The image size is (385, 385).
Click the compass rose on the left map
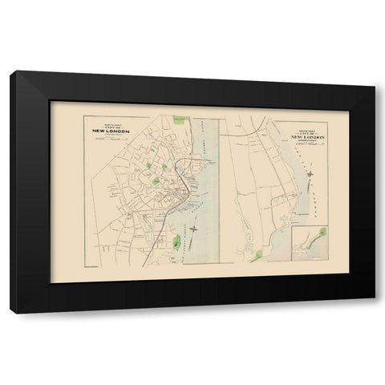click(193, 233)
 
